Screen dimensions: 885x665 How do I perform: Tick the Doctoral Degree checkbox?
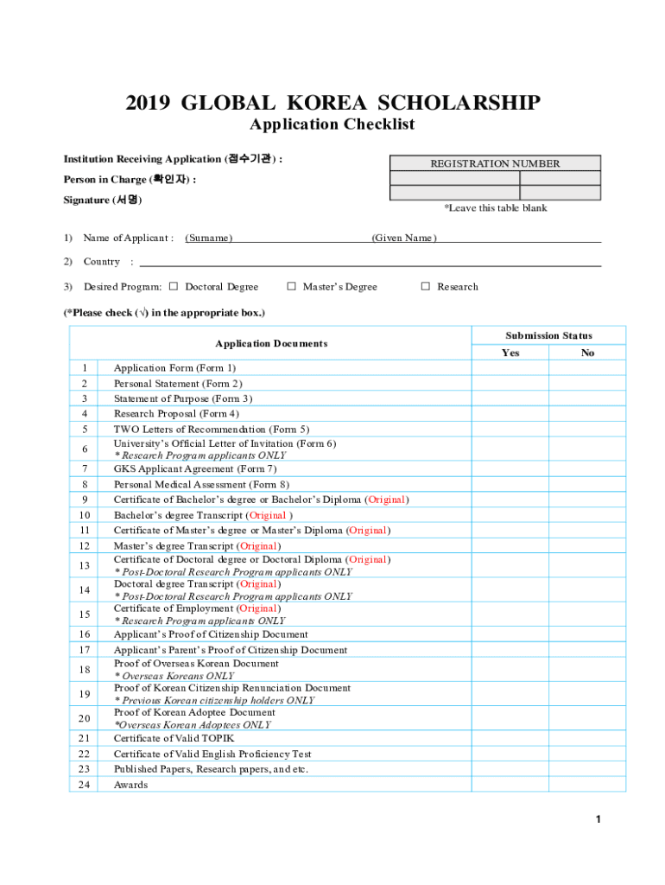pyautogui.click(x=174, y=287)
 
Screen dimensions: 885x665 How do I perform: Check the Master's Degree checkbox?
pyautogui.click(x=292, y=287)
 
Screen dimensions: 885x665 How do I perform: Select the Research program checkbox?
pyautogui.click(x=425, y=287)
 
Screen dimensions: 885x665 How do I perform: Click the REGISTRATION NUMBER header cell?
pyautogui.click(x=495, y=163)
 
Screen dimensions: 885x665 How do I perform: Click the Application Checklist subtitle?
pyautogui.click(x=332, y=124)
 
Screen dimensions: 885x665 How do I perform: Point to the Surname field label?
pyautogui.click(x=209, y=239)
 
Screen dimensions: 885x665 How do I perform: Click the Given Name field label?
pyautogui.click(x=404, y=239)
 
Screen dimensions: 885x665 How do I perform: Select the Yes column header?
pyautogui.click(x=510, y=353)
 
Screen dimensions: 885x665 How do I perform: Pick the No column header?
pyautogui.click(x=588, y=353)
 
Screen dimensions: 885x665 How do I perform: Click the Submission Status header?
pyautogui.click(x=549, y=335)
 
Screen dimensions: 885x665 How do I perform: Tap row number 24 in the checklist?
pyautogui.click(x=84, y=785)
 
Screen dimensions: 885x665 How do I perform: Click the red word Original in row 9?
pyautogui.click(x=387, y=500)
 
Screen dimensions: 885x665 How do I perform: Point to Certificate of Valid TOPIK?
pyautogui.click(x=174, y=738)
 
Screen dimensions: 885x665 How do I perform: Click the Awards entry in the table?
pyautogui.click(x=130, y=785)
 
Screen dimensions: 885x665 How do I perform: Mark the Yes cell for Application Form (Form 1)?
pyautogui.click(x=510, y=368)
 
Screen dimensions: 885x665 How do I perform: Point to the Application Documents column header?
pyautogui.click(x=271, y=344)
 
